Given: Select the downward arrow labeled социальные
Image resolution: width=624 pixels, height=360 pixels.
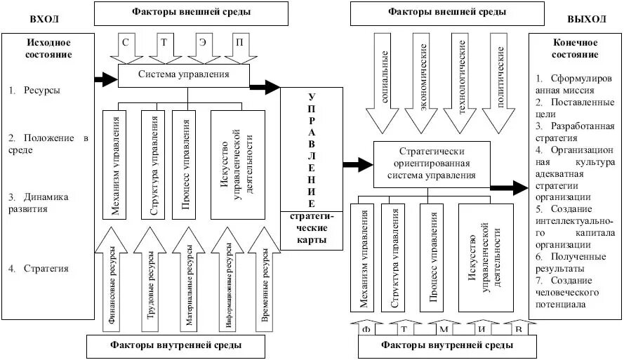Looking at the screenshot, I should click(385, 83).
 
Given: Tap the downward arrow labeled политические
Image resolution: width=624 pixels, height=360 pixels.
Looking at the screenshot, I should click(500, 83).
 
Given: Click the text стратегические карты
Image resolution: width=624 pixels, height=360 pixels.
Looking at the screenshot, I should click(312, 228).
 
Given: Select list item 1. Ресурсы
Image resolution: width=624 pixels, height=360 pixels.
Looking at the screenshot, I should click(34, 91).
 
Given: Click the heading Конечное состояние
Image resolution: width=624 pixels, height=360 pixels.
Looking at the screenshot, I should click(574, 48).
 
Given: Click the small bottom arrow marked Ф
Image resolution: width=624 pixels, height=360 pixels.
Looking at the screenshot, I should click(366, 328).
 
